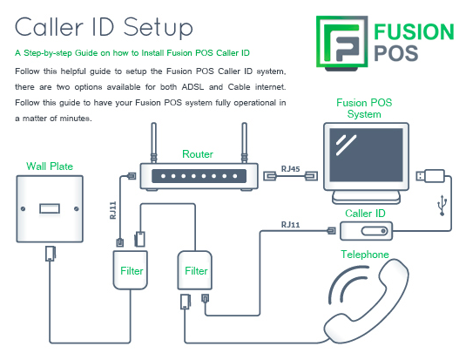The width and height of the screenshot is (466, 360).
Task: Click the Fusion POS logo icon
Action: [341, 43]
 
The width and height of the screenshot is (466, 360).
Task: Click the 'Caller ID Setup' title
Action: [104, 27]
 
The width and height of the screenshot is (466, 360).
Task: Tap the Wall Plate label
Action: [50, 166]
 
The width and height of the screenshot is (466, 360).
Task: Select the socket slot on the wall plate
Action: [50, 208]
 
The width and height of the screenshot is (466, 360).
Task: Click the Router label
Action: [198, 154]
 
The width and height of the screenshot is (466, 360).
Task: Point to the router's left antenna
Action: [153, 143]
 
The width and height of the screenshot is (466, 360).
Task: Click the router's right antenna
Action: [244, 143]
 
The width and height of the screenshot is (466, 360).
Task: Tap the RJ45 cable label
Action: [290, 169]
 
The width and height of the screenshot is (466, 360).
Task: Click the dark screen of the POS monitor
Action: [366, 154]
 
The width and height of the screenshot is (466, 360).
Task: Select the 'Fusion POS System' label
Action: [364, 108]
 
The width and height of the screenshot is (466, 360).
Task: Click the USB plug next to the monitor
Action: [430, 176]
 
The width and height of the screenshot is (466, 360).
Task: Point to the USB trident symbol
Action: [442, 206]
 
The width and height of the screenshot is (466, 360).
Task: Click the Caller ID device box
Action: [366, 231]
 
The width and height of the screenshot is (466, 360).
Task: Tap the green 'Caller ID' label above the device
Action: [365, 214]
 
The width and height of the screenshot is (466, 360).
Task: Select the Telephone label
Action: [365, 255]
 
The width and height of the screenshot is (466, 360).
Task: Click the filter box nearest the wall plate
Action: [130, 270]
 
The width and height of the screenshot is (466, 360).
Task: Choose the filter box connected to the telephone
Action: [194, 270]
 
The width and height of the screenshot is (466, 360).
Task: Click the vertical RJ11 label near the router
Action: [113, 210]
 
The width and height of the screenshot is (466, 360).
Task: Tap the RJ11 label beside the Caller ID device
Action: [290, 225]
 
